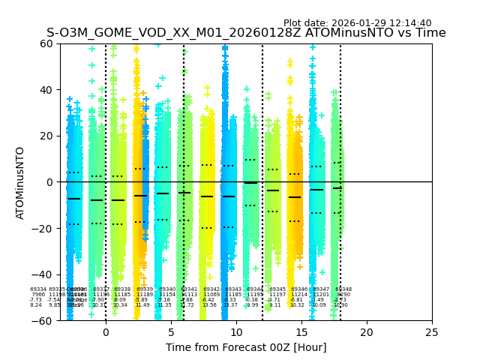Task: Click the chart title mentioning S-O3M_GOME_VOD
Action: pyautogui.click(x=246, y=33)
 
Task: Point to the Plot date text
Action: pyautogui.click(x=357, y=23)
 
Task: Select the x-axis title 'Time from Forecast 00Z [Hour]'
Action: pyautogui.click(x=246, y=347)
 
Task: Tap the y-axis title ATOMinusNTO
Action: pyautogui.click(x=21, y=182)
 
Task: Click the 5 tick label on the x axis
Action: pyautogui.click(x=171, y=332)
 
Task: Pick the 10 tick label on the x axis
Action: pyautogui.click(x=236, y=332)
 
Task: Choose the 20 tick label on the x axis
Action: pyautogui.click(x=367, y=332)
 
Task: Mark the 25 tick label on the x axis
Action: pyautogui.click(x=432, y=332)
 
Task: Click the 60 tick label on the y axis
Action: pyautogui.click(x=46, y=43)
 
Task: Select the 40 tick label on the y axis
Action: pyautogui.click(x=46, y=90)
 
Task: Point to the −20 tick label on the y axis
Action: pyautogui.click(x=43, y=229)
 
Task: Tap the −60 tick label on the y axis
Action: pyautogui.click(x=43, y=321)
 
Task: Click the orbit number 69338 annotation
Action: pyautogui.click(x=122, y=289)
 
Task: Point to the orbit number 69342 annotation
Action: pyautogui.click(x=211, y=289)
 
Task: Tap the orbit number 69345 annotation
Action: pyautogui.click(x=277, y=289)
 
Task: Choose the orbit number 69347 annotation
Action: pyautogui.click(x=321, y=289)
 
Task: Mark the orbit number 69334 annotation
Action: pyautogui.click(x=38, y=289)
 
